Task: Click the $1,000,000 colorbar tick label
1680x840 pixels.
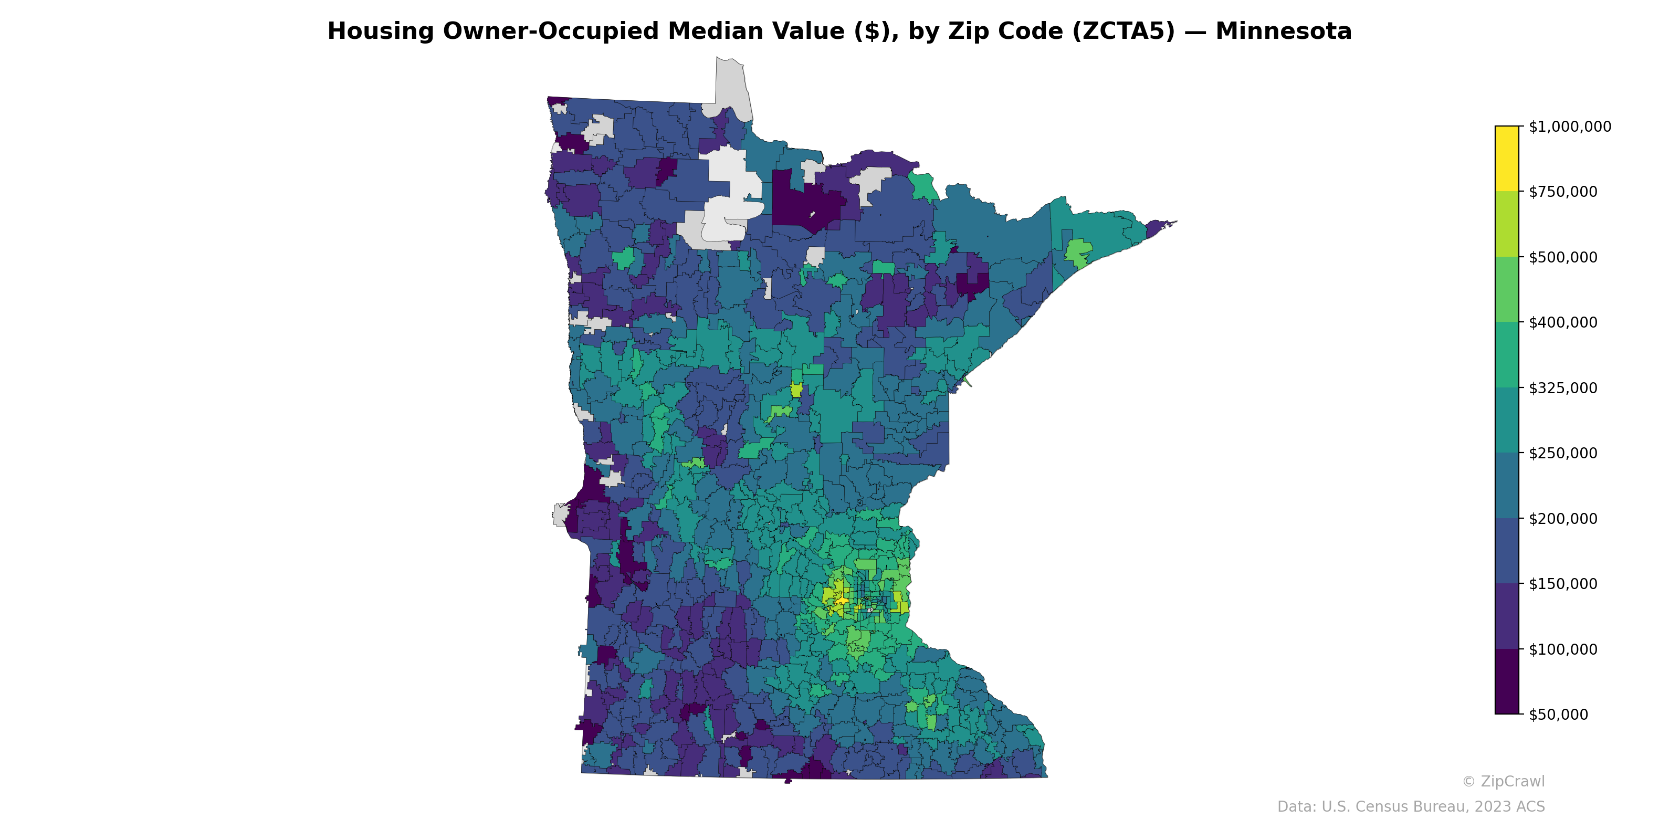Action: point(1569,127)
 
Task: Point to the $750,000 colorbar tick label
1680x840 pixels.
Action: point(1562,192)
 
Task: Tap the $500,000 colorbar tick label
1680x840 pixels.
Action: point(1562,257)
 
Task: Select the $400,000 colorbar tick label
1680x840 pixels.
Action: point(1562,322)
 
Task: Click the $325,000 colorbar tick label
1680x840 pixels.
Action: point(1562,388)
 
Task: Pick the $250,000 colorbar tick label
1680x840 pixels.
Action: point(1562,453)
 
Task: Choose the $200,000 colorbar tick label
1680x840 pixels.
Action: point(1562,519)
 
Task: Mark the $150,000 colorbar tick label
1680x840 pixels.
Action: point(1562,584)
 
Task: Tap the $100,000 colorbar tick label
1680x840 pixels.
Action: point(1562,649)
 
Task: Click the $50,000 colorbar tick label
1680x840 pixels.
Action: point(1559,714)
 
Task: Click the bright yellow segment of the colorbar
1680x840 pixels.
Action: point(1507,159)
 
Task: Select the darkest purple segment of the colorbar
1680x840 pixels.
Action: point(1507,681)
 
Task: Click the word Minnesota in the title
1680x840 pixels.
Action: point(1284,31)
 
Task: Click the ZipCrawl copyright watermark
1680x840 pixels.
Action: point(1503,781)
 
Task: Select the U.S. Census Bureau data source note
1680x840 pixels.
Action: point(1411,807)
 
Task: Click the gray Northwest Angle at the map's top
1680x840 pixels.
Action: point(730,85)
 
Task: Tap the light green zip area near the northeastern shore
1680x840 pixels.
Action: point(1078,253)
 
